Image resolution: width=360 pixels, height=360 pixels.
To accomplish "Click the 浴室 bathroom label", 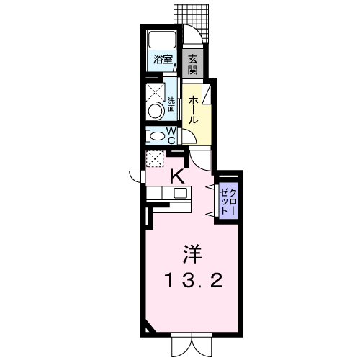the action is pos(163,59).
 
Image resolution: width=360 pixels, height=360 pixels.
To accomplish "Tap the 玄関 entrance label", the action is pos(192,64).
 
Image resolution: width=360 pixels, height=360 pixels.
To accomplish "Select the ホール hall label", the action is pos(193,110).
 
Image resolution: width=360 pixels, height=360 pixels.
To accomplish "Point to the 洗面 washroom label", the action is pos(171,104).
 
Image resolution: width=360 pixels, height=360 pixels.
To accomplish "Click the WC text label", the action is pos(171,135).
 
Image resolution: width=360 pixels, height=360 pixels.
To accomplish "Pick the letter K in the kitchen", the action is pos(177,176).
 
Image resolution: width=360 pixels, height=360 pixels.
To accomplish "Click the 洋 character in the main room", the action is pos(193,254).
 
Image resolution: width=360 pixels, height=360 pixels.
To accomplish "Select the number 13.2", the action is pos(194,281).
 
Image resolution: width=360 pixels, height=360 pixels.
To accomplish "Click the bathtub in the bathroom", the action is pos(163,40).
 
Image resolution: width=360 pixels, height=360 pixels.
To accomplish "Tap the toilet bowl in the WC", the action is pos(156,136).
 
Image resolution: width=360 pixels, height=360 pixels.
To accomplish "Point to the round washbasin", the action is pos(156,111).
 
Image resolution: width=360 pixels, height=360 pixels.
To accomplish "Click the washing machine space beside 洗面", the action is pos(156,92).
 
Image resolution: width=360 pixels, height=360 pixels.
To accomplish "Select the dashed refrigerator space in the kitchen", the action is pos(155,158).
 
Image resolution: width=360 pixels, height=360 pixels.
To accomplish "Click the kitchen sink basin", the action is pos(181,193).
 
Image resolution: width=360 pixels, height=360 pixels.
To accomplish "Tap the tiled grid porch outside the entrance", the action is pos(191,22).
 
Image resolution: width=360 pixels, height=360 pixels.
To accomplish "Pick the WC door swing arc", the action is pos(190,137).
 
